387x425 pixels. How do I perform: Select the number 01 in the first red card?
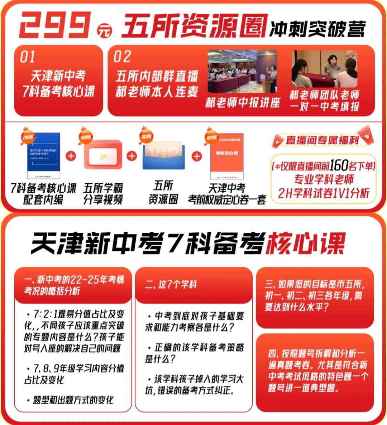(28, 57)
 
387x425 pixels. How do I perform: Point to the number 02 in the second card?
(122, 57)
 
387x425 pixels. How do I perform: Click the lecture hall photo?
(242, 72)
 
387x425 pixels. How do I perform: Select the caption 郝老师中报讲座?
(243, 103)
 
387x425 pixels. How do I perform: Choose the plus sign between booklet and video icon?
(71, 156)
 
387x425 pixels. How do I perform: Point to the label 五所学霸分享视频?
(103, 194)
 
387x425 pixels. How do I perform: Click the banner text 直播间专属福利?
(322, 140)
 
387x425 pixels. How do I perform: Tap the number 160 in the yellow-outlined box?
(339, 165)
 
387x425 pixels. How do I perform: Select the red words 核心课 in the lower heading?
(305, 243)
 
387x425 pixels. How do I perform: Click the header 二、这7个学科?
(171, 285)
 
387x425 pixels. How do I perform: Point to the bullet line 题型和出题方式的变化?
(73, 400)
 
